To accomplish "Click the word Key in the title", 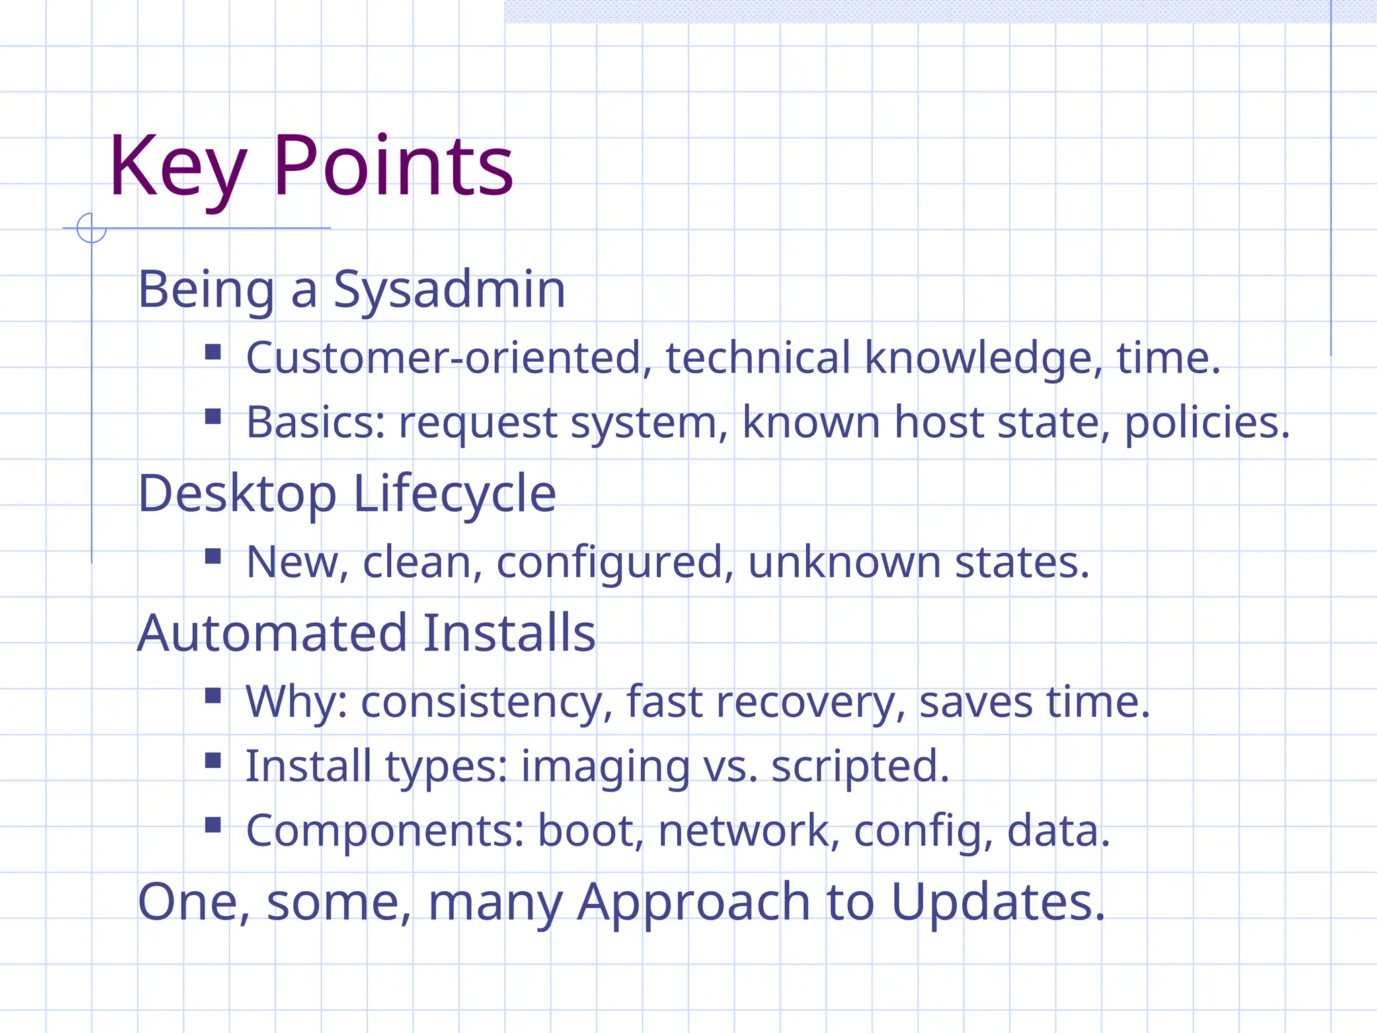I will click(x=176, y=167).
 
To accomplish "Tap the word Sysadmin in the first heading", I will click(x=449, y=290).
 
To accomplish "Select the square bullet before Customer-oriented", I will click(x=213, y=352).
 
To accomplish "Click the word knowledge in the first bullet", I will click(x=983, y=358).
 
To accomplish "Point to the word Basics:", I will click(x=315, y=422).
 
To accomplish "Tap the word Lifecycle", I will click(x=454, y=494).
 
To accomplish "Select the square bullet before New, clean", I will click(x=213, y=556).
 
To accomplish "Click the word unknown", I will click(x=844, y=562).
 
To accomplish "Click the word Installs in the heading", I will click(x=510, y=634).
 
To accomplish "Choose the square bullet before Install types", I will click(x=213, y=761).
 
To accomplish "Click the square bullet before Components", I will click(x=213, y=825).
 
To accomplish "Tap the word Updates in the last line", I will click(x=998, y=903).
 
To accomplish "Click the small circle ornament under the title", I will click(x=91, y=228).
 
